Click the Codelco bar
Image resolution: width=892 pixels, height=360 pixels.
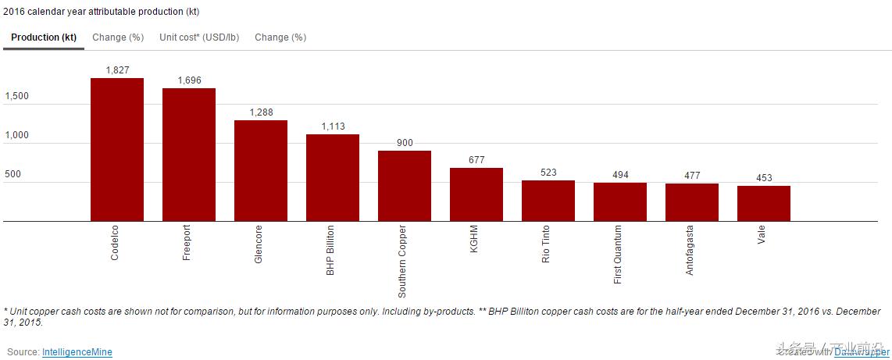pos(117,149)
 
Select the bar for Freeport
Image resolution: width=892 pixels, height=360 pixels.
pos(189,155)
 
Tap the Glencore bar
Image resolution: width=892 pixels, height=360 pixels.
pos(261,170)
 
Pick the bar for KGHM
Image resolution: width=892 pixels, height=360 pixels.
pos(476,194)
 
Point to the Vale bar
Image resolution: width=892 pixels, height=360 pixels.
pos(764,203)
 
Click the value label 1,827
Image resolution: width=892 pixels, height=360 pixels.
pos(117,70)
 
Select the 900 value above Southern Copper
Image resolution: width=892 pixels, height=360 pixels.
pos(405,143)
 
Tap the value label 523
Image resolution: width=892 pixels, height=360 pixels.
pos(548,173)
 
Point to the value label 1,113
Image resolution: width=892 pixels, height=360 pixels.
pos(333,127)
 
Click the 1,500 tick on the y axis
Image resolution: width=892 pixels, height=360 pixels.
pos(17,97)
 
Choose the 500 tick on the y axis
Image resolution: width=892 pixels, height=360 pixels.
pos(12,174)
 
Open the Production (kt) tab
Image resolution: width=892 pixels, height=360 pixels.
pos(44,37)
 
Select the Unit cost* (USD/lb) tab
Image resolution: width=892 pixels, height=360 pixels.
pos(199,37)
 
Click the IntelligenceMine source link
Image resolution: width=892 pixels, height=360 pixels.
pos(77,352)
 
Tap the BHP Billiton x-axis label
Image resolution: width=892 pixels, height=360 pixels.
pos(330,250)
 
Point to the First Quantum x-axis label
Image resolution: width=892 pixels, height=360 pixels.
pos(618,255)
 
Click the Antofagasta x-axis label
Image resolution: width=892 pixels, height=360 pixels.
pos(690,250)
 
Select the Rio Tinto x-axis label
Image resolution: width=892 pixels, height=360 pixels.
pos(546,244)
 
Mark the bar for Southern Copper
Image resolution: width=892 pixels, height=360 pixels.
pos(405,186)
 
